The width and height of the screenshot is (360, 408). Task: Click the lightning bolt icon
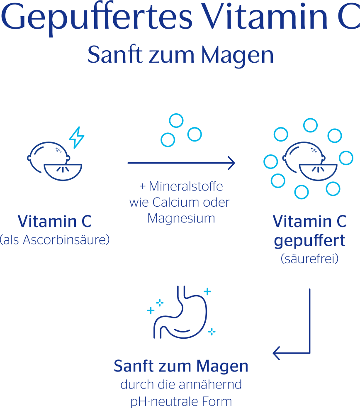[x=76, y=138]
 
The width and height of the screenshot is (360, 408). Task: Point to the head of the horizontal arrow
[x=232, y=163]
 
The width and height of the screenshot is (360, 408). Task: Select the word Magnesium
[x=181, y=218]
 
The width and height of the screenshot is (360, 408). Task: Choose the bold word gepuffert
[x=309, y=241]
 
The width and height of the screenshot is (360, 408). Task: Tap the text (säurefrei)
[x=309, y=259]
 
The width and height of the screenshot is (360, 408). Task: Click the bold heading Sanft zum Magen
[x=181, y=366]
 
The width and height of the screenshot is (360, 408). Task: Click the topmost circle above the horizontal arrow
[x=176, y=121]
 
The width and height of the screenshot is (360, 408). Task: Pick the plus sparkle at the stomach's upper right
[x=207, y=291]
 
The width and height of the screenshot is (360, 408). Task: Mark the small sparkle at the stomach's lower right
[x=212, y=331]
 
